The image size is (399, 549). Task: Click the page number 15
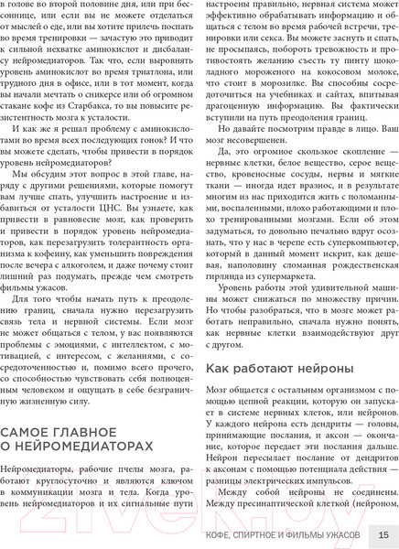[x=383, y=534]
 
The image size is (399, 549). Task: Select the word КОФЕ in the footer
[x=223, y=534]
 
